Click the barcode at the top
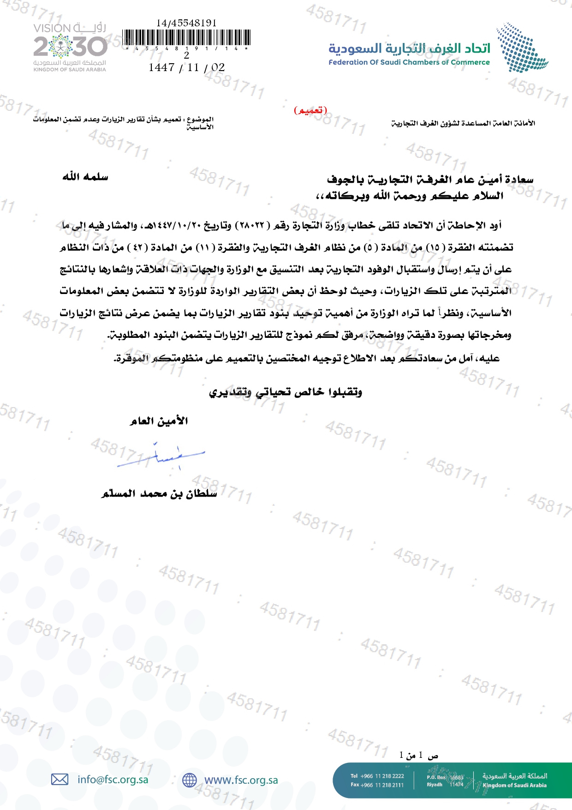click(x=187, y=37)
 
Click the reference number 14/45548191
click(x=186, y=23)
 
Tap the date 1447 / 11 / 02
click(x=186, y=67)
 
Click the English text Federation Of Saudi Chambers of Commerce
click(x=409, y=62)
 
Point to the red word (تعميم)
click(x=310, y=110)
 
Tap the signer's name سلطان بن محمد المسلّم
click(x=159, y=493)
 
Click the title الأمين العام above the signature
click(x=159, y=421)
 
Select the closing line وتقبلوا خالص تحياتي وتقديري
click(x=286, y=392)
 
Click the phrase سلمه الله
click(x=85, y=177)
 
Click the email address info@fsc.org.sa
click(x=113, y=780)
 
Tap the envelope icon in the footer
click(x=60, y=780)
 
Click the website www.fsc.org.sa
click(x=241, y=780)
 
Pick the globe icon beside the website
click(x=189, y=780)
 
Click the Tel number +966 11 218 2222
click(x=382, y=776)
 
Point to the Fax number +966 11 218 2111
click(x=382, y=785)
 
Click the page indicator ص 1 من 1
click(x=419, y=755)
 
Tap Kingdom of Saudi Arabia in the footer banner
click(x=514, y=785)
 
